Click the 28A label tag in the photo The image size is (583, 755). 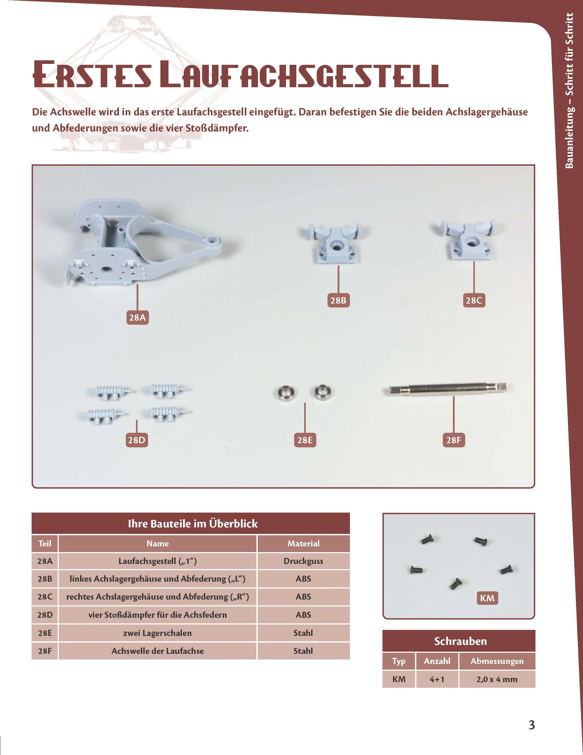click(137, 317)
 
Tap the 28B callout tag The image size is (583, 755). click(338, 300)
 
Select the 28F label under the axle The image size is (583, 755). click(453, 440)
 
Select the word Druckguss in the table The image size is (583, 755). click(303, 561)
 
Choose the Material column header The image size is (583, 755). click(303, 544)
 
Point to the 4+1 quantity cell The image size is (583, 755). click(437, 679)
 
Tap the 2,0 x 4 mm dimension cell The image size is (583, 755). click(497, 679)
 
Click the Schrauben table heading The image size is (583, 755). click(460, 641)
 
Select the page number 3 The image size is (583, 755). click(531, 725)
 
